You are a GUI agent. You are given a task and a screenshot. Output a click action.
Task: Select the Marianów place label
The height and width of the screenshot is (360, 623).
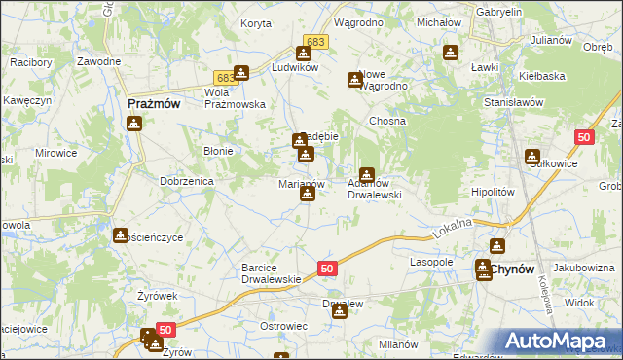click(x=301, y=183)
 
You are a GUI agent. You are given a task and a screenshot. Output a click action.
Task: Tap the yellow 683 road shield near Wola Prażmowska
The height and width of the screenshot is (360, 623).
click(x=224, y=76)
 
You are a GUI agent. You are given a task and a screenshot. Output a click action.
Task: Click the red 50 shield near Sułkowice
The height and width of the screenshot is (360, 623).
click(x=584, y=139)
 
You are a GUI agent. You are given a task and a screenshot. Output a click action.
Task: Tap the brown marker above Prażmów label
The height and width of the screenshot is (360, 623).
click(x=134, y=123)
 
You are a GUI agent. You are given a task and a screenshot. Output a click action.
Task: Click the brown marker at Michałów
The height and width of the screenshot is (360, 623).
click(x=451, y=53)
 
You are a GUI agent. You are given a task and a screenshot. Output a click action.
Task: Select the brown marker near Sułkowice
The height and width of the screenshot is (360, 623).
click(x=532, y=156)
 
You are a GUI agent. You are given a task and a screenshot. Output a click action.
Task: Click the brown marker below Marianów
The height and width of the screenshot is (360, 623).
click(x=308, y=194)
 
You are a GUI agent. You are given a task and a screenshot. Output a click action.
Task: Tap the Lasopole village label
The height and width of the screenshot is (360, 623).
click(x=432, y=263)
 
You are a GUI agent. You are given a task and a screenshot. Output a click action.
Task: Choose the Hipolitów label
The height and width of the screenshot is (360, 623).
click(x=492, y=193)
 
